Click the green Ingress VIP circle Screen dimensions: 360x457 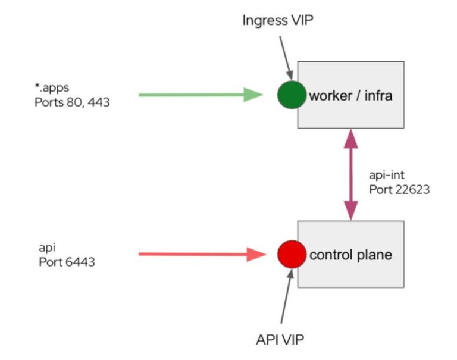coord(292,95)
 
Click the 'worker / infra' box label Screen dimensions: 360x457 coord(350,95)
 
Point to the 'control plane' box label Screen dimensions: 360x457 coord(350,255)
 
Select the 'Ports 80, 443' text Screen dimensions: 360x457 coord(72,102)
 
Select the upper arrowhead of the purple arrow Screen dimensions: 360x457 coord(351,137)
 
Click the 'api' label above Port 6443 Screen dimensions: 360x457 coord(43,248)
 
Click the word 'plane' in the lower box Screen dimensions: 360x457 coord(373,255)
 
